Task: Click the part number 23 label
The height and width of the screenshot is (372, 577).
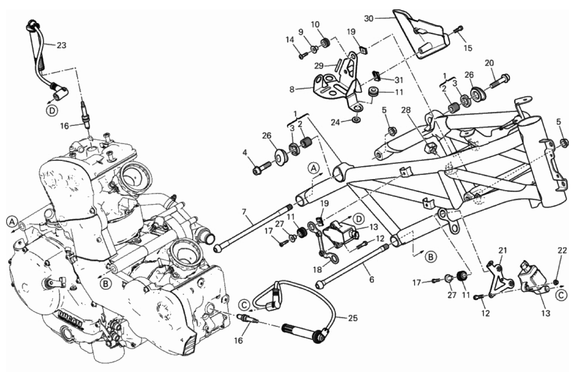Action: click(61, 45)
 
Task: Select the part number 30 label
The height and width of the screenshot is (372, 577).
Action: click(369, 18)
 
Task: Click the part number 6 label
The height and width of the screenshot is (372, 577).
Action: click(372, 280)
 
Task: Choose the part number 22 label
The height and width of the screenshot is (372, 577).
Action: click(562, 251)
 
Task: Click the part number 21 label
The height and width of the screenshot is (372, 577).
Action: click(502, 251)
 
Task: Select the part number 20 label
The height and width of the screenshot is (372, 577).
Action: click(489, 63)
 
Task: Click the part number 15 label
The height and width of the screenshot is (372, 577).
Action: click(468, 48)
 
